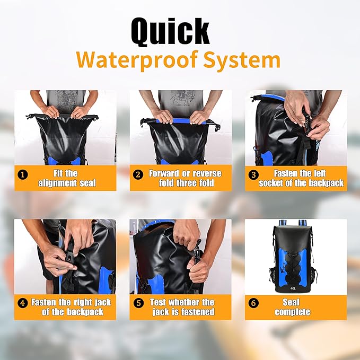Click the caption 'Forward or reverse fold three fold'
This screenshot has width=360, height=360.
click(x=185, y=178)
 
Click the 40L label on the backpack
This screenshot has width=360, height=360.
click(x=293, y=289)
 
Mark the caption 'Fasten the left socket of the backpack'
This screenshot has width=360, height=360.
click(x=301, y=178)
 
